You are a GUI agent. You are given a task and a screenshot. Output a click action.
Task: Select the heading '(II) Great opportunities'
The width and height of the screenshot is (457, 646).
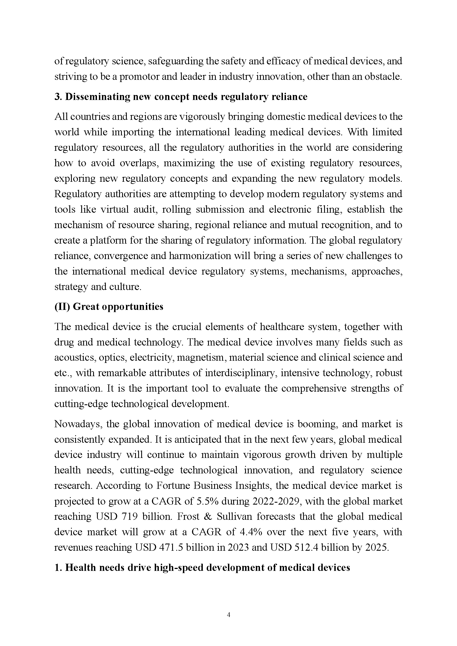[x=109, y=306]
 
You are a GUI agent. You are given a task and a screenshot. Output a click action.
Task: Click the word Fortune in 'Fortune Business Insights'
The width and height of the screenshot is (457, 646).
[x=173, y=486]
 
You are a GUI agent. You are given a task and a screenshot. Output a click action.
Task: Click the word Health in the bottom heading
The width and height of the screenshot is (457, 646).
[x=80, y=568]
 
